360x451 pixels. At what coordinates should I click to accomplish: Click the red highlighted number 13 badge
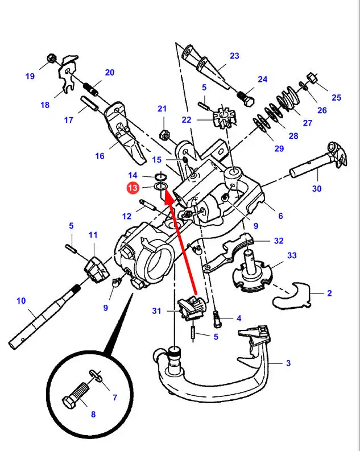tap(133, 188)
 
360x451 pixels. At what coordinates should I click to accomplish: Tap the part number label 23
tap(234, 56)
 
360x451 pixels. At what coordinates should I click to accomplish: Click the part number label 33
tap(292, 256)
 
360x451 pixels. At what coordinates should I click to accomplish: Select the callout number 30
tap(317, 189)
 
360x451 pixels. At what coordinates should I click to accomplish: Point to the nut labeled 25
tap(312, 77)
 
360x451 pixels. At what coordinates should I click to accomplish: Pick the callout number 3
tap(288, 362)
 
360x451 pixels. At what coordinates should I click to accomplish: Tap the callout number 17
tap(68, 120)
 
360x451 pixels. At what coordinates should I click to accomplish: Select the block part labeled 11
tap(96, 267)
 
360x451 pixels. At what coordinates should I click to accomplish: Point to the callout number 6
tap(280, 216)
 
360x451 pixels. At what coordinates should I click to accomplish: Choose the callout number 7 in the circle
tap(114, 397)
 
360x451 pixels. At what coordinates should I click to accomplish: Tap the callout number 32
tap(278, 241)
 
